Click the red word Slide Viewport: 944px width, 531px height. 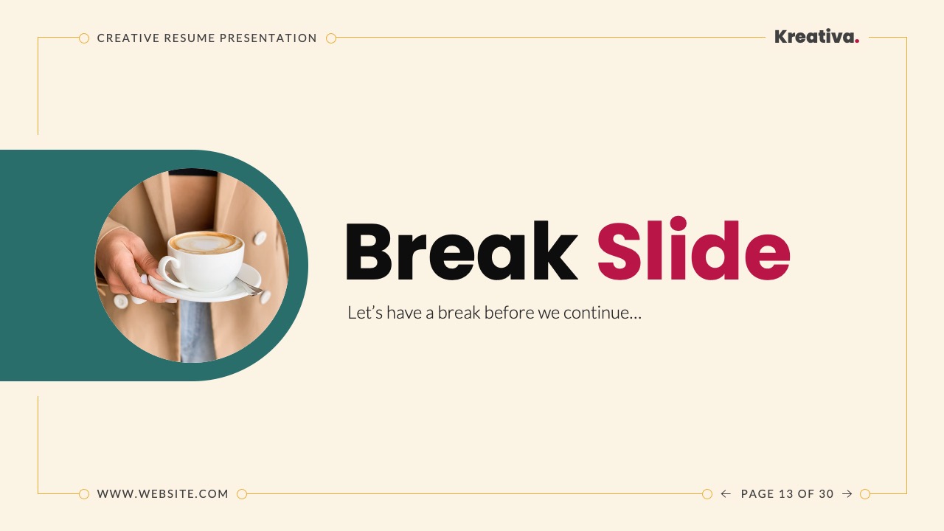pyautogui.click(x=693, y=251)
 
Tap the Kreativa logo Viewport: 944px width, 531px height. pyautogui.click(x=814, y=37)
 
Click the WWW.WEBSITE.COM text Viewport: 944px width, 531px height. pyautogui.click(x=163, y=494)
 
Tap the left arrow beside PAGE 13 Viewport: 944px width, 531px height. pyautogui.click(x=726, y=494)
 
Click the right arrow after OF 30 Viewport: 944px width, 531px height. pyautogui.click(x=847, y=494)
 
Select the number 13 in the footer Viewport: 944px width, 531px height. pyautogui.click(x=785, y=494)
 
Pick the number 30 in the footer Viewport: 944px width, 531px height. pyautogui.click(x=826, y=494)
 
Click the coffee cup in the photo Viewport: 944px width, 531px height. pyautogui.click(x=203, y=258)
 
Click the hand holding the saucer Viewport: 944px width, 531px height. pyautogui.click(x=125, y=265)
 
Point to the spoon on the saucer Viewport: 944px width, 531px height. pyautogui.click(x=249, y=286)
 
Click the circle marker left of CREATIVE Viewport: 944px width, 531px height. pyautogui.click(x=84, y=38)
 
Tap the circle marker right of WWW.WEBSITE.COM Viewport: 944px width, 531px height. pyautogui.click(x=242, y=494)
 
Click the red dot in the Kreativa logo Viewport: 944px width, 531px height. pyautogui.click(x=857, y=41)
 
